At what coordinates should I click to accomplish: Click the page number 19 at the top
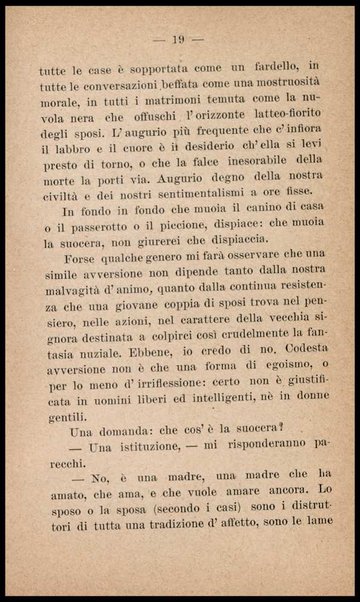tap(180, 40)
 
